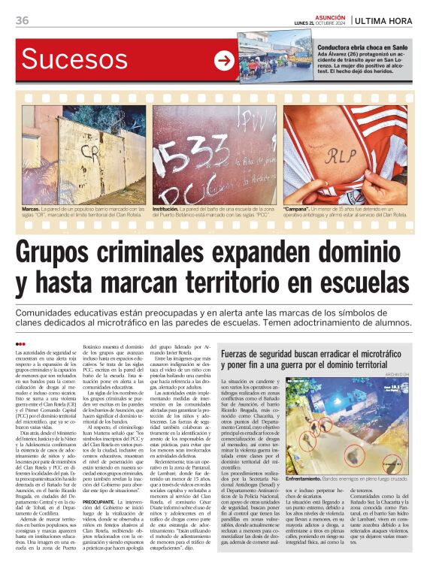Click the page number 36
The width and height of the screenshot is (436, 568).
point(23,20)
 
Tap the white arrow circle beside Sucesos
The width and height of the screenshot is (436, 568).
point(223,61)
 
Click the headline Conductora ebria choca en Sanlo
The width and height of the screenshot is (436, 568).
point(362,47)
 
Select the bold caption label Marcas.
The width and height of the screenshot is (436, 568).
point(32,208)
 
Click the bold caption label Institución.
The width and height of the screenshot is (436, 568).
point(166,208)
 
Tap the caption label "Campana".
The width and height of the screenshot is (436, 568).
point(296,208)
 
